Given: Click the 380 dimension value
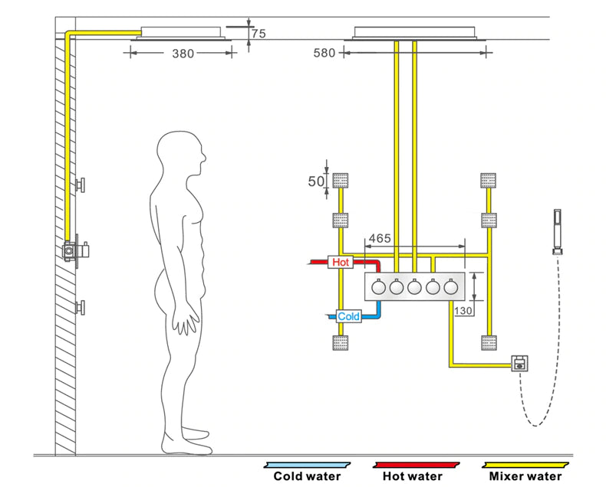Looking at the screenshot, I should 183,54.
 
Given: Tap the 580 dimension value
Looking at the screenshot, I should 325,54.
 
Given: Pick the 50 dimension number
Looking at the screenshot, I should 315,181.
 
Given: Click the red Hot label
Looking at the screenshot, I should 341,263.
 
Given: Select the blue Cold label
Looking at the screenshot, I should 348,315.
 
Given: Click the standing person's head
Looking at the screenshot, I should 182,152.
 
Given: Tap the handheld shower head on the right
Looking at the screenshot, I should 556,230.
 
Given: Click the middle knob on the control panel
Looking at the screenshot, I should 415,288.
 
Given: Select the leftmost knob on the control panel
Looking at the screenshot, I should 377,288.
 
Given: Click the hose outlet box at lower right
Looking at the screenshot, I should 522,361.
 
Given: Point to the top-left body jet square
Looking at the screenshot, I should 341,181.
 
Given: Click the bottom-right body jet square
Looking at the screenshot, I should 489,343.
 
